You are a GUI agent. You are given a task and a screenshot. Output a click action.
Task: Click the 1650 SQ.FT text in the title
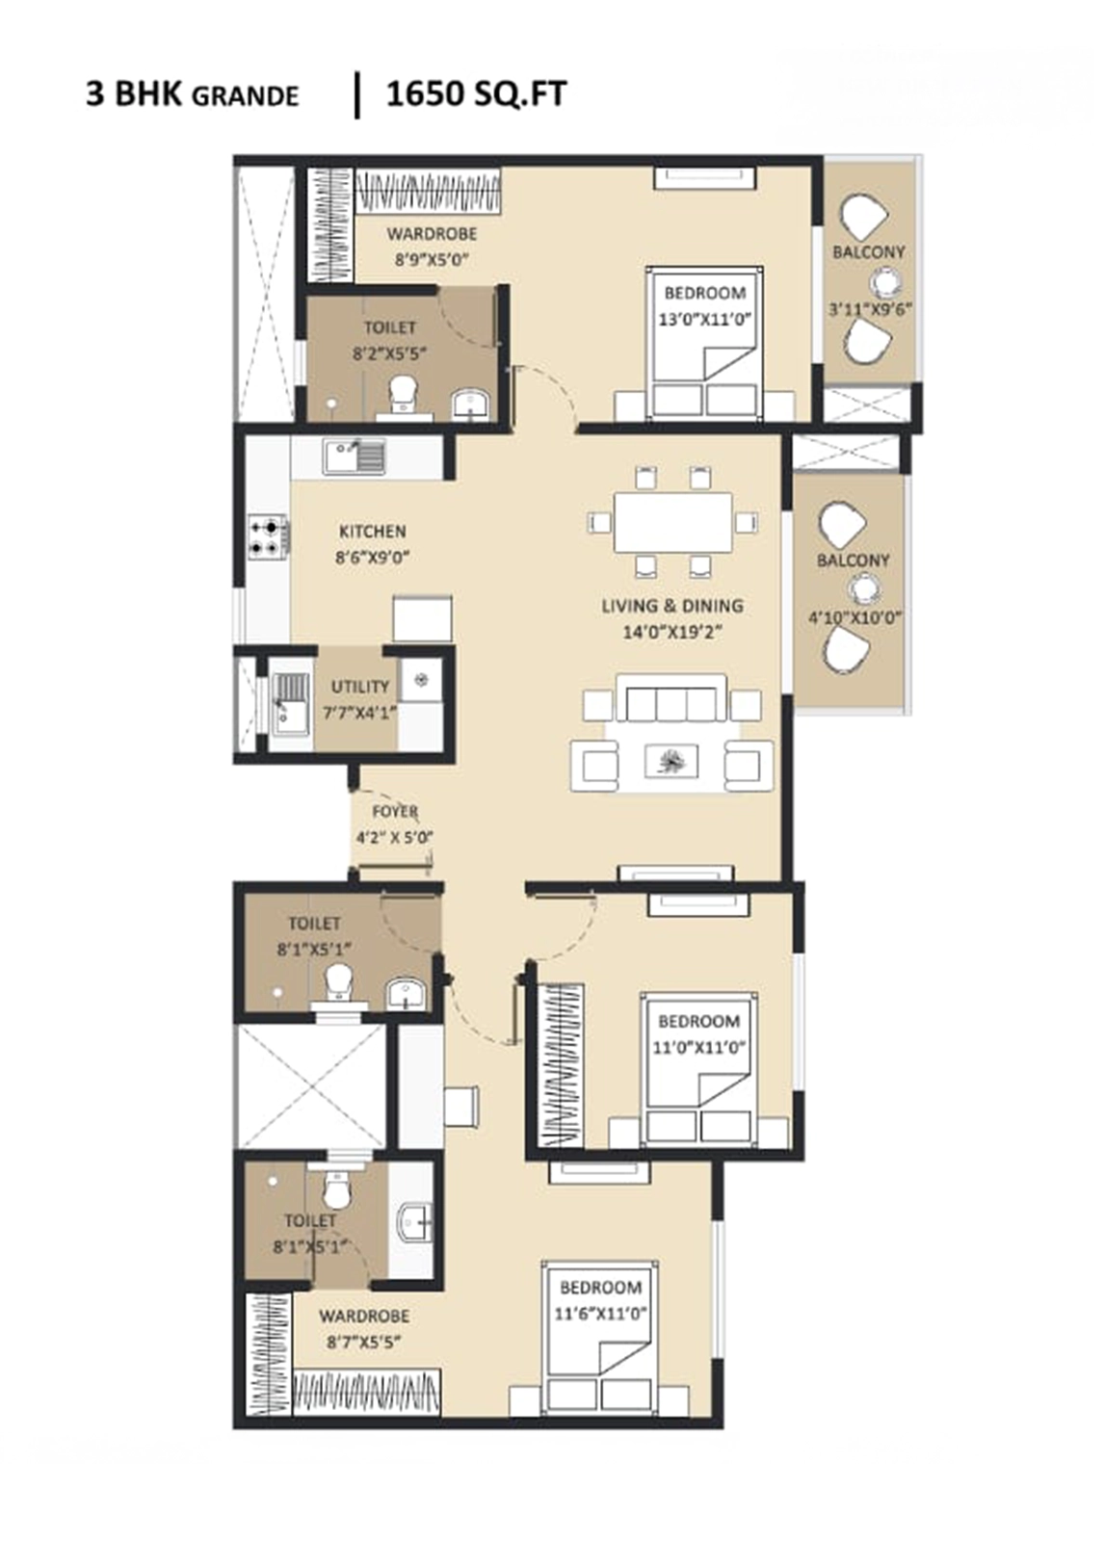tap(476, 94)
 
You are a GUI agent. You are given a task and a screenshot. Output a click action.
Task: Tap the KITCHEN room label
tap(373, 532)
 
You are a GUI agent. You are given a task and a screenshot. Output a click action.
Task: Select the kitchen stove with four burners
tap(269, 538)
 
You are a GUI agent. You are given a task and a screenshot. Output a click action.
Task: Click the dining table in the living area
tap(672, 521)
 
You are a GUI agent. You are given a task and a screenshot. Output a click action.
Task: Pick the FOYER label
tap(395, 812)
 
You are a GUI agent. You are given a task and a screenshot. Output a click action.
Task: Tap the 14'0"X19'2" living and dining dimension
tap(671, 632)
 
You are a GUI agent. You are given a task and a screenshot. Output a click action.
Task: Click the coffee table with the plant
tap(671, 762)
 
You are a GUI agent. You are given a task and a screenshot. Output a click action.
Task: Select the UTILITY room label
tap(360, 687)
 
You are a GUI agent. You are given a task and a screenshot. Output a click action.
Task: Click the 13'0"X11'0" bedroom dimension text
tap(704, 319)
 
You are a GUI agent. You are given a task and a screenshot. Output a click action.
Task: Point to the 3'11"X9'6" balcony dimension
tap(870, 309)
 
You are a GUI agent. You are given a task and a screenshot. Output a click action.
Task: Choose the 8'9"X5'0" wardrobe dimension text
tap(432, 260)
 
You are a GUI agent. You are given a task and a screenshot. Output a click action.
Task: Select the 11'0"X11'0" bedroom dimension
tap(698, 1048)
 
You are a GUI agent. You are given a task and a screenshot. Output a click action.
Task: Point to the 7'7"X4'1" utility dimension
tap(360, 713)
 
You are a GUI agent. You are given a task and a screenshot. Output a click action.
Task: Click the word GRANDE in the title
tap(245, 97)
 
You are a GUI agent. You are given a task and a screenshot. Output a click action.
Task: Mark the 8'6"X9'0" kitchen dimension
tap(373, 558)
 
